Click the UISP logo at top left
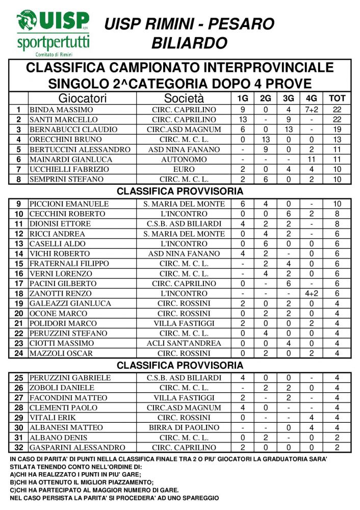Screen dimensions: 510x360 click(x=53, y=32)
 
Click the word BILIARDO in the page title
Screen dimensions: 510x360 click(x=189, y=43)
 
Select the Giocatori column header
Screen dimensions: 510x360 click(x=82, y=98)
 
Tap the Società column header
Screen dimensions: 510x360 click(x=184, y=98)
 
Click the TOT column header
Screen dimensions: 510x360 click(x=337, y=98)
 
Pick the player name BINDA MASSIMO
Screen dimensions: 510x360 click(x=61, y=110)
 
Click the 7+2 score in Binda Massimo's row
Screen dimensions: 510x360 click(x=311, y=110)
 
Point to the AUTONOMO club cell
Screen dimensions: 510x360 click(x=184, y=159)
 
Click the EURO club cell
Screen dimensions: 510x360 click(x=184, y=169)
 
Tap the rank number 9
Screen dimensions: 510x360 click(x=18, y=204)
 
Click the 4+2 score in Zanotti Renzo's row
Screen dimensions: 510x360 click(x=311, y=294)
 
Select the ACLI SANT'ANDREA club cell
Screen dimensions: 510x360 click(x=184, y=343)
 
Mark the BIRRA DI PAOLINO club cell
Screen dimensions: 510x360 click(x=184, y=428)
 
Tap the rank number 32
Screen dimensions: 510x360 click(x=18, y=448)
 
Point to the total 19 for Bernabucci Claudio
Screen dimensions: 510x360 click(x=337, y=130)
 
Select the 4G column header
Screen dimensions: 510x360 click(x=311, y=98)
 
